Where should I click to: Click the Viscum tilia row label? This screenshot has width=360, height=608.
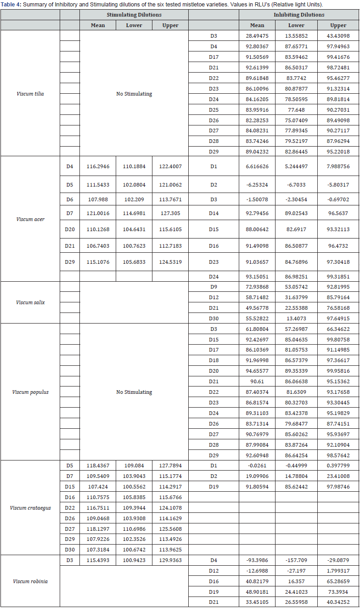click(30, 94)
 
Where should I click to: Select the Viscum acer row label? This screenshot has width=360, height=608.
click(30, 219)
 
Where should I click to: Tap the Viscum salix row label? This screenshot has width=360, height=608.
click(30, 302)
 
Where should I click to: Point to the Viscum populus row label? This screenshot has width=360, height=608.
click(30, 392)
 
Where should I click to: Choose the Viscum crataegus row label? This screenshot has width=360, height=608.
click(30, 508)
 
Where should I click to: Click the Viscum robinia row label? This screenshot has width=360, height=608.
click(30, 581)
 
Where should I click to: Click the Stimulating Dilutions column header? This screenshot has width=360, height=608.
click(134, 15)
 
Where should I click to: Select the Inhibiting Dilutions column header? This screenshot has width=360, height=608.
click(299, 15)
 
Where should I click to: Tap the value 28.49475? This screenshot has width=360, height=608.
click(257, 36)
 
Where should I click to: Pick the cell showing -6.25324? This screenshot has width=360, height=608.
click(257, 184)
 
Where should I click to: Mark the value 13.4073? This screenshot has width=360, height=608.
click(296, 318)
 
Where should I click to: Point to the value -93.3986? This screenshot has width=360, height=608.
click(257, 560)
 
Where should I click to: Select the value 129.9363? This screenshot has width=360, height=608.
click(170, 560)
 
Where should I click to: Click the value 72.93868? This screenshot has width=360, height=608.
click(257, 287)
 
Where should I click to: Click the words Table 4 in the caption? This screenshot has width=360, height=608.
click(11, 4)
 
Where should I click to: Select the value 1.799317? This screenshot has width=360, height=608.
click(338, 571)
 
